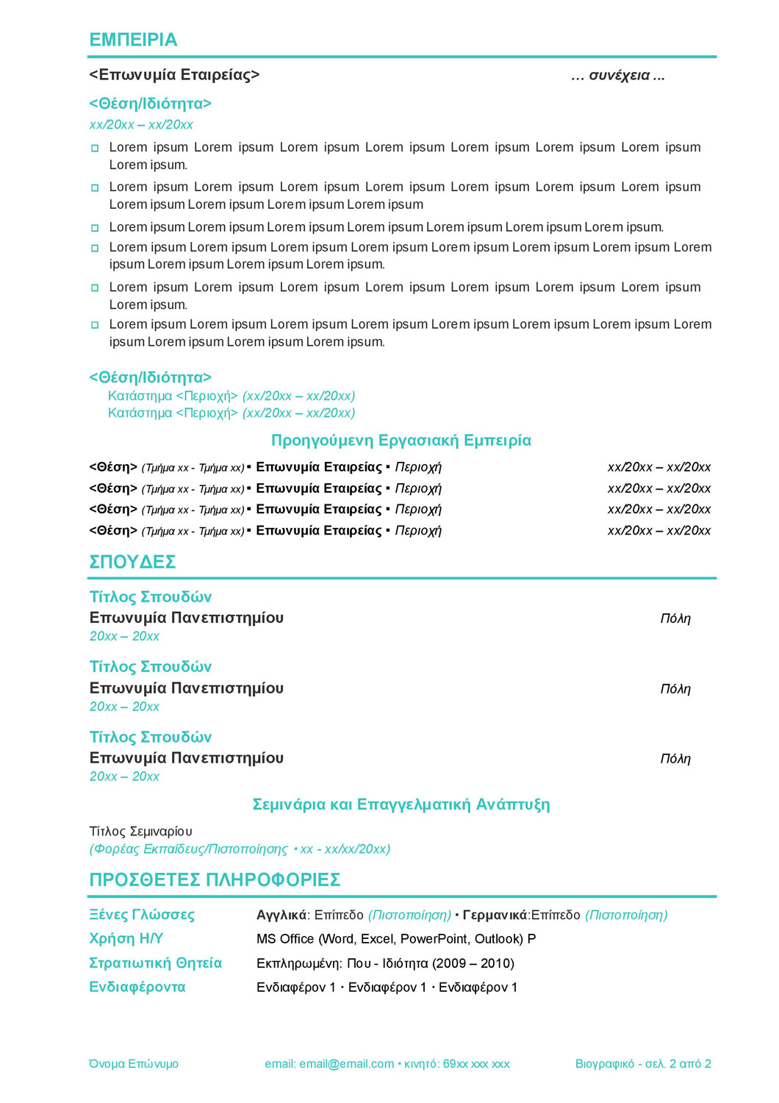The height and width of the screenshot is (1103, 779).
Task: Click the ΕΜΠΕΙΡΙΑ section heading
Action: (133, 40)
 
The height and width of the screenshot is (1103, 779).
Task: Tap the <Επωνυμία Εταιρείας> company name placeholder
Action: (174, 75)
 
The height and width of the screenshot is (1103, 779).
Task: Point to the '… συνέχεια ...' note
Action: (617, 75)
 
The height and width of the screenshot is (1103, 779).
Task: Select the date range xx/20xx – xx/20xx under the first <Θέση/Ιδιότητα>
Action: (141, 125)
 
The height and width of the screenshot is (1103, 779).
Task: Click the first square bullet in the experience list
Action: (95, 149)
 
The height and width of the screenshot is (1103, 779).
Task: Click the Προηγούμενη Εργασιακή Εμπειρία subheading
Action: (401, 440)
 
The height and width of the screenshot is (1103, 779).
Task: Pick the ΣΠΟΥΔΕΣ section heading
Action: (132, 562)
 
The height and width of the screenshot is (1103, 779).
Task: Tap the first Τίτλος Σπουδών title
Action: (151, 597)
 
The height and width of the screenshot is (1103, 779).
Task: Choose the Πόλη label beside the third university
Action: (675, 759)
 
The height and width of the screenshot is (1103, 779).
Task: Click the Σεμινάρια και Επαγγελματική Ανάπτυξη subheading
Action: (401, 804)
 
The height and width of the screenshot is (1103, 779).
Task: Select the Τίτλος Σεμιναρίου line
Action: (141, 832)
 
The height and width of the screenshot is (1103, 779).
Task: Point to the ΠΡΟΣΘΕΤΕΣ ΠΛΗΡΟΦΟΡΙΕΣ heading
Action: (215, 880)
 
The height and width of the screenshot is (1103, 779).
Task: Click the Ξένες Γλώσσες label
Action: (142, 915)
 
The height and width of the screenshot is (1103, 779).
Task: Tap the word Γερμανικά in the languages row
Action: (495, 915)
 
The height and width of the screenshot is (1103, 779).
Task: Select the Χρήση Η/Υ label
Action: (126, 939)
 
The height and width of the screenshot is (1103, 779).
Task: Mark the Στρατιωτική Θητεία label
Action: (155, 963)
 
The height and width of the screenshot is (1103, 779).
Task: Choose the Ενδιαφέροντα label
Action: (137, 988)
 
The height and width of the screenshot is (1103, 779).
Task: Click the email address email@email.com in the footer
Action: (347, 1064)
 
